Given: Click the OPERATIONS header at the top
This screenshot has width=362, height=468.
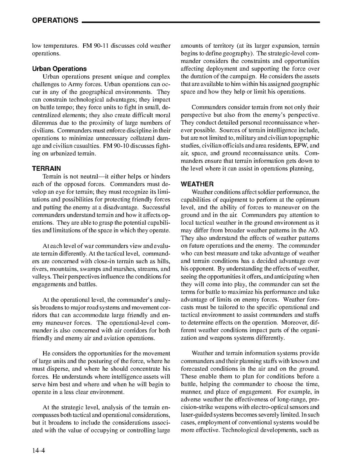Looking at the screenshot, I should [55, 20].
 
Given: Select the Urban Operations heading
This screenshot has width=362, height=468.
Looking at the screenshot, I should [59, 69].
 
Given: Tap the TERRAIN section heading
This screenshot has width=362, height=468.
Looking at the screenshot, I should [46, 169].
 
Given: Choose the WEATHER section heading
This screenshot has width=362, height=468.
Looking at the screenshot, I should [197, 184].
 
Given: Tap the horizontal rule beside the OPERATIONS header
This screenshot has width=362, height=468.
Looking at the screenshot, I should [201, 22].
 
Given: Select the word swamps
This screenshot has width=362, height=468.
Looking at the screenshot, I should [114, 269].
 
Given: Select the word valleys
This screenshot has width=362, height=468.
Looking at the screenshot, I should [41, 276].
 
